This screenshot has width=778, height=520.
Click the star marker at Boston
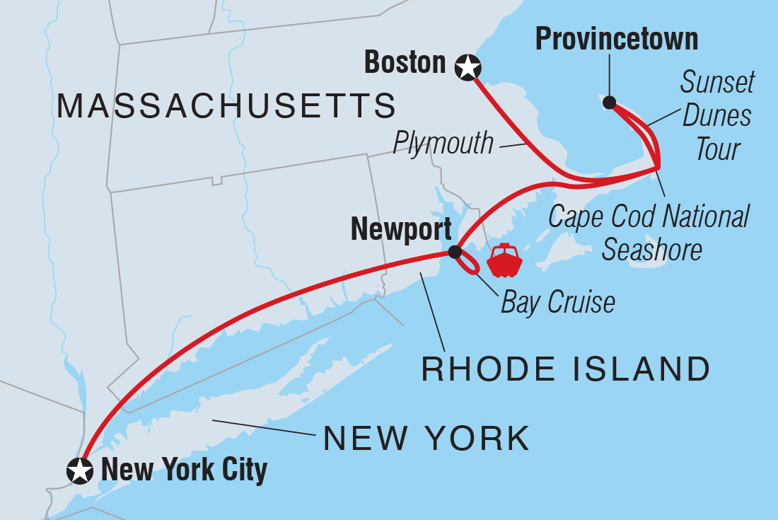(x=467, y=68)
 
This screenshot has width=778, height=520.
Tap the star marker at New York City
(x=79, y=470)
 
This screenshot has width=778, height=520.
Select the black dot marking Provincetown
(x=609, y=103)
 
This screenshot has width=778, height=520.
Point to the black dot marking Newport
(x=455, y=252)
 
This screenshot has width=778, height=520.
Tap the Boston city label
(x=405, y=63)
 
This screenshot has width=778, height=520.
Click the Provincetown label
(x=616, y=39)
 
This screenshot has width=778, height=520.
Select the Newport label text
(x=401, y=229)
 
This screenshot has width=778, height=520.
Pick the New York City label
(x=184, y=470)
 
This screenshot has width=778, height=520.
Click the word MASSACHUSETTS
(x=226, y=106)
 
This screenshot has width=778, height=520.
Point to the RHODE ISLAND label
(x=566, y=369)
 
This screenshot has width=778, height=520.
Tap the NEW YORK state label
(x=426, y=439)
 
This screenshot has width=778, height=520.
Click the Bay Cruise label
(x=558, y=302)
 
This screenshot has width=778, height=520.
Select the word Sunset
(x=717, y=83)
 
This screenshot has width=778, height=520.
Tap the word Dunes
(x=716, y=116)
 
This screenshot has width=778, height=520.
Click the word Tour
(x=717, y=149)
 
